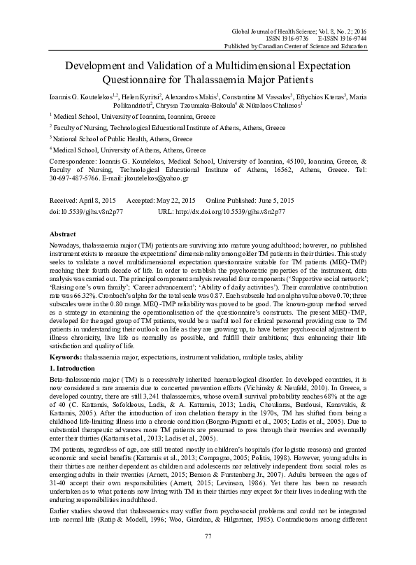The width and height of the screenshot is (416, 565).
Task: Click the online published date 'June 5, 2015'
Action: click(280, 199)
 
